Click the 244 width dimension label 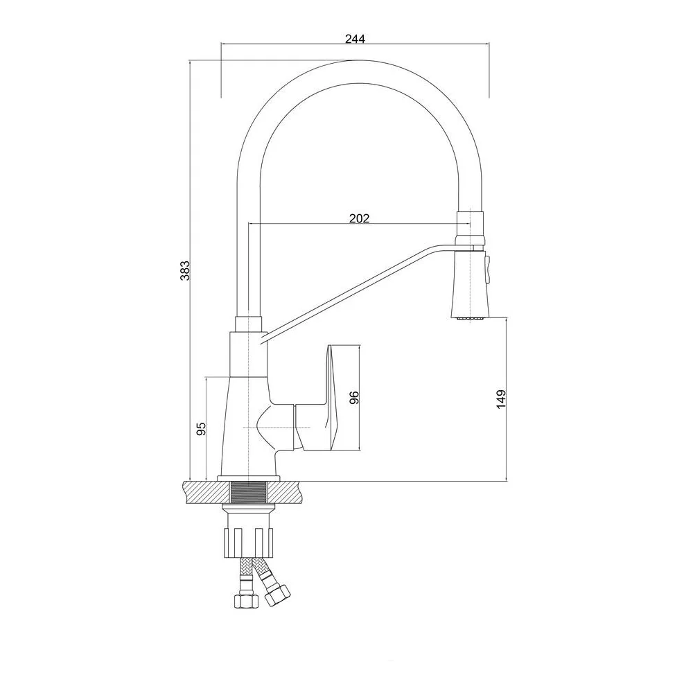pyautogui.click(x=355, y=39)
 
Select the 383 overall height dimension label pyautogui.click(x=185, y=270)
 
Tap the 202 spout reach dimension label pyautogui.click(x=359, y=218)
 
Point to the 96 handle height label pyautogui.click(x=354, y=397)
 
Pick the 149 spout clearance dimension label pyautogui.click(x=501, y=399)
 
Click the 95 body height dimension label pyautogui.click(x=201, y=428)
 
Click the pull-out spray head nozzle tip pyautogui.click(x=469, y=317)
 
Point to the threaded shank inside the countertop pyautogui.click(x=249, y=492)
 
